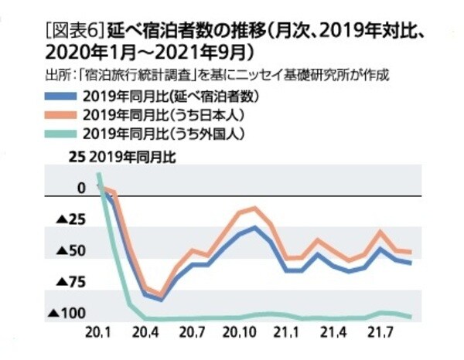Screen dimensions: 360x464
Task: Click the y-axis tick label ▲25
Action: tap(74, 220)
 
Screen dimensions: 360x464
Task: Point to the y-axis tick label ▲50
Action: tap(74, 251)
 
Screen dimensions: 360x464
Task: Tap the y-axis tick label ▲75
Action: tap(74, 282)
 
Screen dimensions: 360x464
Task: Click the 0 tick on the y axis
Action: tap(81, 188)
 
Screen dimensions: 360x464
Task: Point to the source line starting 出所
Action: tap(217, 76)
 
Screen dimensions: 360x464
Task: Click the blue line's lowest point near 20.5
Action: tap(160, 297)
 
